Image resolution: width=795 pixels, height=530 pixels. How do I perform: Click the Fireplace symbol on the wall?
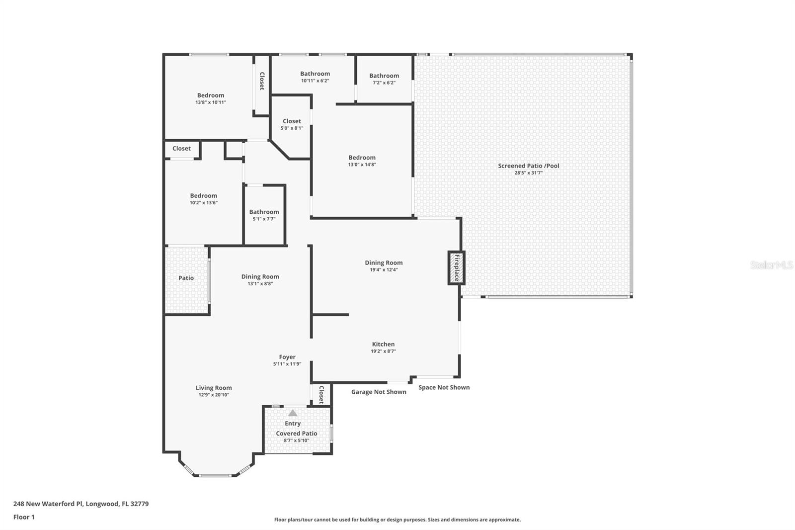coord(456,268)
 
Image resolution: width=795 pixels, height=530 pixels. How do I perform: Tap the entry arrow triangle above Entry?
coord(293,413)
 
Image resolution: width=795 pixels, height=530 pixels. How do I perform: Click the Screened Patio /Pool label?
coord(528,166)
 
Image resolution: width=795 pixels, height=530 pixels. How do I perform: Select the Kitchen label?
coord(383,344)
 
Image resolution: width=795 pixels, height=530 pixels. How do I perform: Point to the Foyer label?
coord(287,357)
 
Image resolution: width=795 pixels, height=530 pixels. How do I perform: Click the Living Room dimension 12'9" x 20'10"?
coord(214,395)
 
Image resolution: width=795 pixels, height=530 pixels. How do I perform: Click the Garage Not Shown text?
coord(379,392)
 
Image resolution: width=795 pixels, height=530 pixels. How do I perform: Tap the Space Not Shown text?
coord(444,387)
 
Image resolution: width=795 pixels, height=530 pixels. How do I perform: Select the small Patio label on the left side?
coord(186,278)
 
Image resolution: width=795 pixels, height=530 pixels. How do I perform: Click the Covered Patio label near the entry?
coord(297,434)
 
